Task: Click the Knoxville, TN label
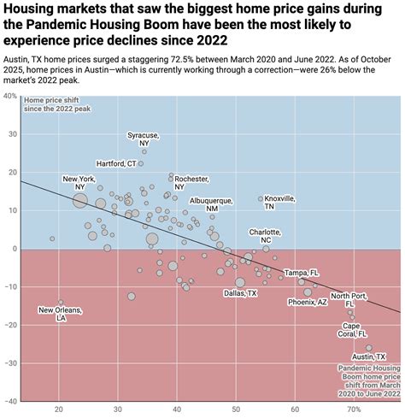coord(280,202)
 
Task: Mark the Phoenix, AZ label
coord(307,302)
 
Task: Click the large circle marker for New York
coord(79,201)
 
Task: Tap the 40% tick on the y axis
coord(9,96)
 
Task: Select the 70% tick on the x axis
coord(353,409)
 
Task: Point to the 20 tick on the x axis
coord(59,409)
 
